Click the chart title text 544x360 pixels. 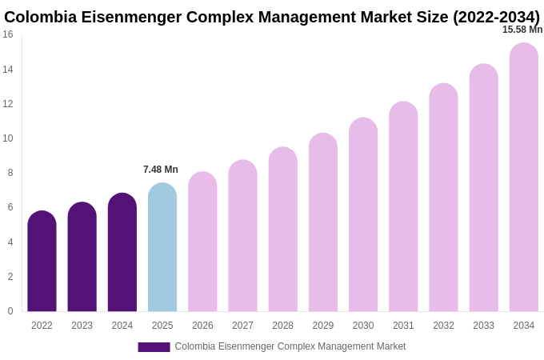coord(272,17)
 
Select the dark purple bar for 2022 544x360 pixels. coord(42,262)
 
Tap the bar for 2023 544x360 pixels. coord(82,257)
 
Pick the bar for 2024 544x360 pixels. coord(122,253)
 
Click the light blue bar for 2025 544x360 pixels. coord(162,247)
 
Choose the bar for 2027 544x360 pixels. coord(242,236)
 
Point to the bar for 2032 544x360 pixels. coord(443,198)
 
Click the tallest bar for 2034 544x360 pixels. coord(524,178)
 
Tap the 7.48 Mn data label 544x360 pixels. coord(161,170)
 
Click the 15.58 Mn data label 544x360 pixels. coord(522,30)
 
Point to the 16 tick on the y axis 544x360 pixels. coord(8,34)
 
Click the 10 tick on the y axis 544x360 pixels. coord(8,138)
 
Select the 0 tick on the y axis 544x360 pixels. coord(10,311)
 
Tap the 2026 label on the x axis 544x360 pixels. coord(202,326)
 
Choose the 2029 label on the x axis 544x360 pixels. coord(323,326)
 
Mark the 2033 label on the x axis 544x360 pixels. coord(483,326)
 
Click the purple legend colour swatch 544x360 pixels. coord(154,347)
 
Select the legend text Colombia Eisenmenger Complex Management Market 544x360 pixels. coord(290,346)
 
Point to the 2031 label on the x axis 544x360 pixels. coord(403,326)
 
